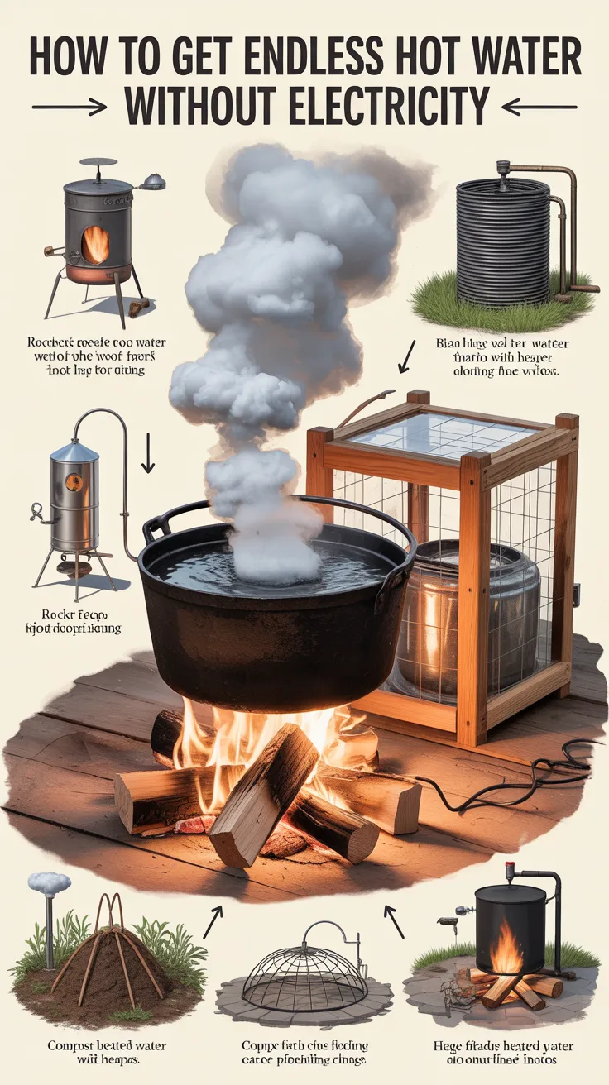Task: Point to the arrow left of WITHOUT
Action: click(70, 107)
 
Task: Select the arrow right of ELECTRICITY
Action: click(538, 107)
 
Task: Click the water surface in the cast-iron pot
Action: click(273, 571)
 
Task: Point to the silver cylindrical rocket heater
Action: click(74, 504)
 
